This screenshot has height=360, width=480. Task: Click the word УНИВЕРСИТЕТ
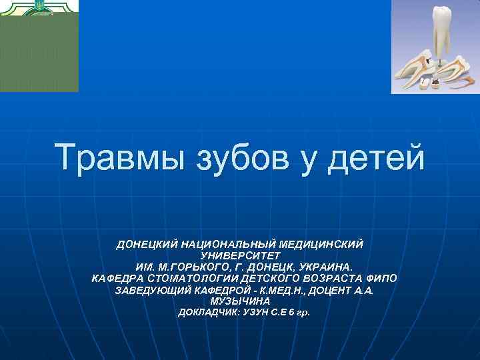click(x=240, y=256)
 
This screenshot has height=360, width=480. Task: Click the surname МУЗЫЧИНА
click(x=240, y=301)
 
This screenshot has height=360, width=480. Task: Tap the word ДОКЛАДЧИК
click(x=203, y=313)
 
